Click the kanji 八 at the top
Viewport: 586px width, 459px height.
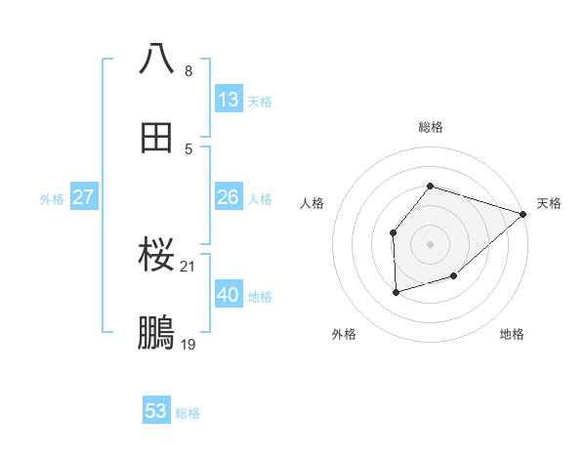click(157, 59)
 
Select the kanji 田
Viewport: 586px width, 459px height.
click(157, 140)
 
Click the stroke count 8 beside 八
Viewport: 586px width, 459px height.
click(188, 71)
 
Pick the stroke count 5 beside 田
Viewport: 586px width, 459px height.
click(188, 149)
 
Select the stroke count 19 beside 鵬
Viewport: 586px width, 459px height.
click(188, 345)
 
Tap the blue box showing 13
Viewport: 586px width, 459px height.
click(229, 100)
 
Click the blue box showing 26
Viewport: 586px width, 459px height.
click(229, 197)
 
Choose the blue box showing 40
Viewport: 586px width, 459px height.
click(229, 295)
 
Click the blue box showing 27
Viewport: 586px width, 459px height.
click(84, 197)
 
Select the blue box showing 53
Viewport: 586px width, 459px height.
click(156, 411)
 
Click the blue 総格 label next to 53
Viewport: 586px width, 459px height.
click(188, 413)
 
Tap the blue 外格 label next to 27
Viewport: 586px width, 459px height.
click(52, 199)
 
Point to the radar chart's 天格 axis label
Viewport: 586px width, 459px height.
click(550, 203)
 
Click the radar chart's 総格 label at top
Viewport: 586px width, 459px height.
click(431, 127)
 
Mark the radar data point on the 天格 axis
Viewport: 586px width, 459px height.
click(524, 214)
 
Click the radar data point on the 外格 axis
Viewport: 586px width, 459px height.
click(396, 292)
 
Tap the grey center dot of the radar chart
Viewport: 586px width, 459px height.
click(431, 243)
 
